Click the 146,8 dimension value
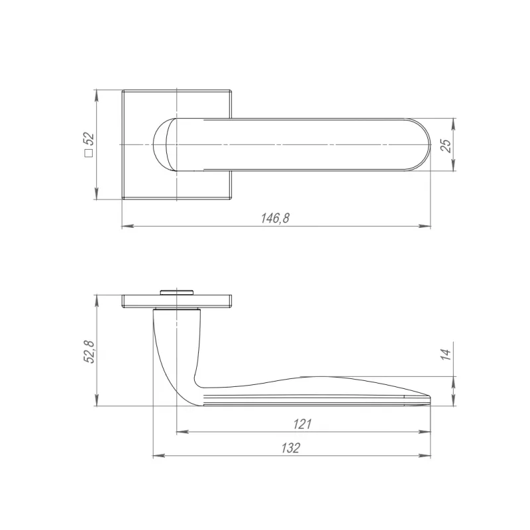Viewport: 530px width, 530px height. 275,218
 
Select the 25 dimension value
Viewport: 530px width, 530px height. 446,145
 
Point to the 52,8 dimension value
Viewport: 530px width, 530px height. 89,351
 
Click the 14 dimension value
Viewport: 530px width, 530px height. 446,354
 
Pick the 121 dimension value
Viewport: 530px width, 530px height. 302,424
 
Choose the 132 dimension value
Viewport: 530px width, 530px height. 290,448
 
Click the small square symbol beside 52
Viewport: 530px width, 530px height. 89,153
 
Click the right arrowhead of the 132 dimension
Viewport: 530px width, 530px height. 425,456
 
